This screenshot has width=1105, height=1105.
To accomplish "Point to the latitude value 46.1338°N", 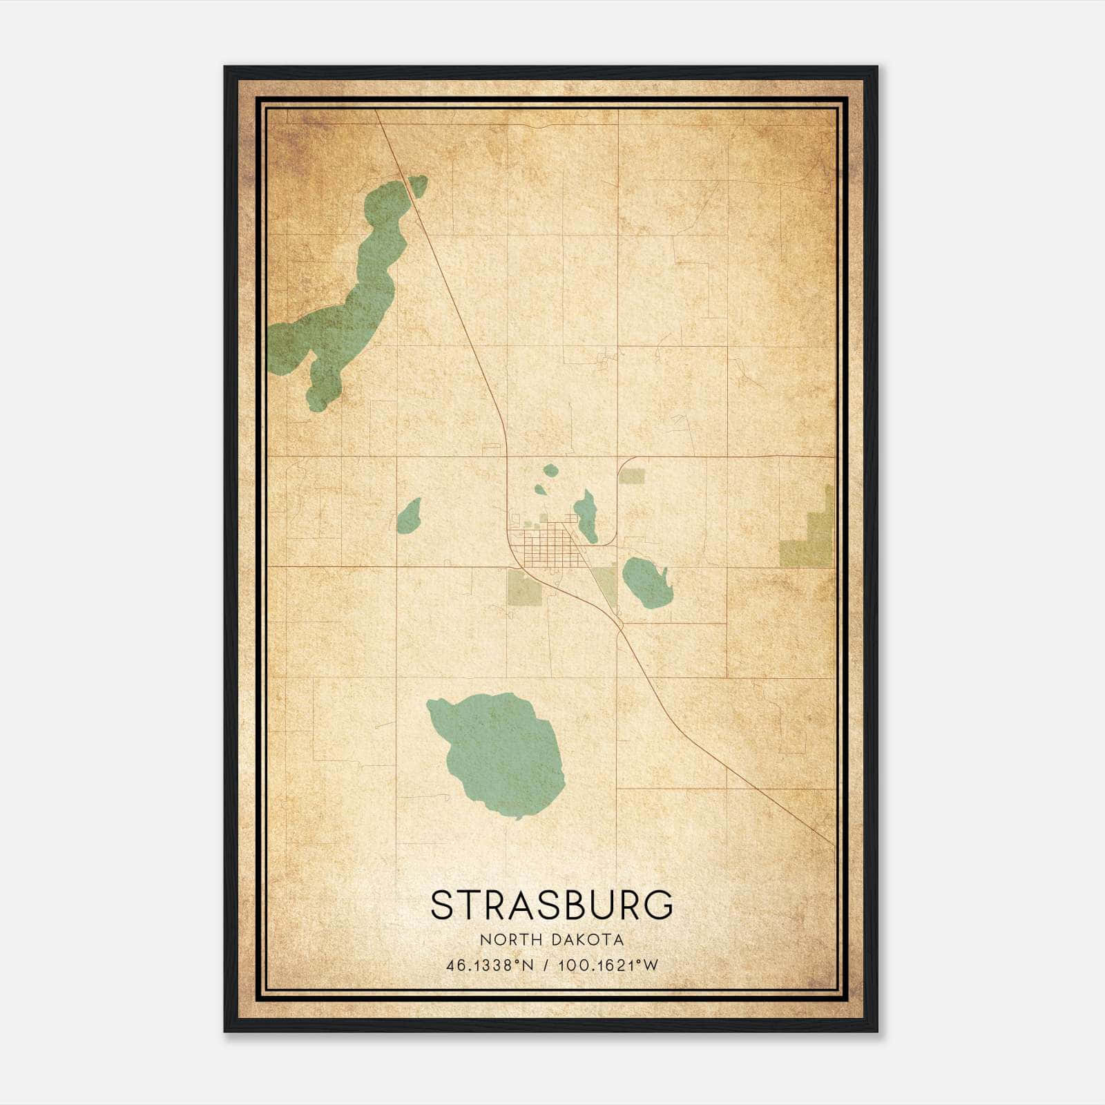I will (490, 965).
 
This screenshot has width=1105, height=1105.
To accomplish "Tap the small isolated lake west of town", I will (409, 517).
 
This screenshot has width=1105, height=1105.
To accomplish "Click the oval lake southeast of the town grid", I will (645, 582).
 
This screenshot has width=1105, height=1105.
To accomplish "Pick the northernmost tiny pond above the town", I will (550, 470).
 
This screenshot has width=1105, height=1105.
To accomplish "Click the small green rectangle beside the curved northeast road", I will (632, 475).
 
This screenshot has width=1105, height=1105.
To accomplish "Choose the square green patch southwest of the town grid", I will (524, 587).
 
